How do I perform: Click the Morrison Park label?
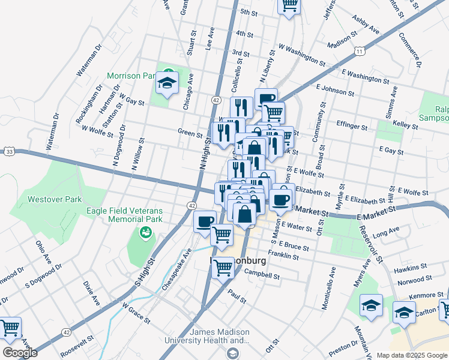coord(131,76)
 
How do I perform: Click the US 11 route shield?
coord(360,52)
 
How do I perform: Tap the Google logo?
coord(20,353)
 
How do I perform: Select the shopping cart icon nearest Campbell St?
coord(223,267)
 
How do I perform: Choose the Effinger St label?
coord(352,126)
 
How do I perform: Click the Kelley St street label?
coord(405,124)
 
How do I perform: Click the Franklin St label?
coord(283,256)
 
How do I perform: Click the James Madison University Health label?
coord(219,337)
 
